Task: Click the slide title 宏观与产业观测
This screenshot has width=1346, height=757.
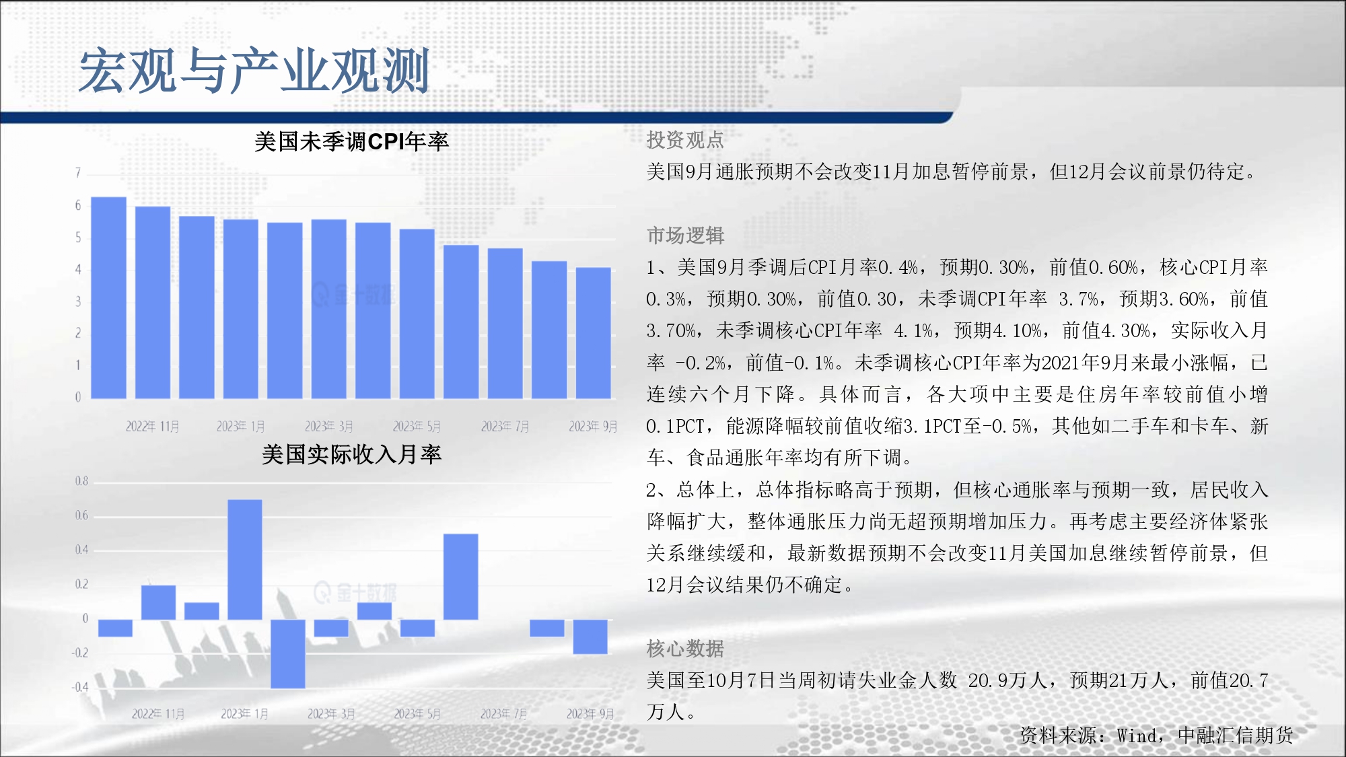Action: coord(254,71)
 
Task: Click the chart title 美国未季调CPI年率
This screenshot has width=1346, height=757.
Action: coord(351,141)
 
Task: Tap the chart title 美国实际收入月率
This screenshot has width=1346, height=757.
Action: coord(351,454)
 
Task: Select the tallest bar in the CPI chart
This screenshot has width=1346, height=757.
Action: coord(109,297)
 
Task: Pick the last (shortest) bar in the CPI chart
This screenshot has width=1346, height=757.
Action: coord(594,333)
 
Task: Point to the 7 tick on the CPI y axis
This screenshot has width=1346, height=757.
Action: coord(78,173)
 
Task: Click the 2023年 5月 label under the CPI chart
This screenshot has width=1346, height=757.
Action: coord(417,426)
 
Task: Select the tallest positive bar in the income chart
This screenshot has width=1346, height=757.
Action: coord(245,559)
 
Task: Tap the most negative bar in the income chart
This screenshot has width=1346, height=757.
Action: coord(288,653)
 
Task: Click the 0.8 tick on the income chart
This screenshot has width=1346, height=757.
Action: coord(81,481)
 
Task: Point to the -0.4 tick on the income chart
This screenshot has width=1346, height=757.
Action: coord(80,687)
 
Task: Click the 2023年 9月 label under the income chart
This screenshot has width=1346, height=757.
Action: coord(590,713)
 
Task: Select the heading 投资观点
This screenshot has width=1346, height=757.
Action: coord(685,140)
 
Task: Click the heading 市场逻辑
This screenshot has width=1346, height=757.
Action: coord(685,236)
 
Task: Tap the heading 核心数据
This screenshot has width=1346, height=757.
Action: coord(685,649)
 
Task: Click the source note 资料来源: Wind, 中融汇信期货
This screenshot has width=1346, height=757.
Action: coord(1156,735)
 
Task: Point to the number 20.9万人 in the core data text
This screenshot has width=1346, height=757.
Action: coord(1007,680)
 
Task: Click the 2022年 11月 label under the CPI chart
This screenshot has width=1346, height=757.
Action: coord(153,426)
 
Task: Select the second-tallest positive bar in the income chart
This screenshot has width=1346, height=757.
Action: coord(461,577)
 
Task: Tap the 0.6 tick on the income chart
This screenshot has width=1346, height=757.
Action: coord(81,515)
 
